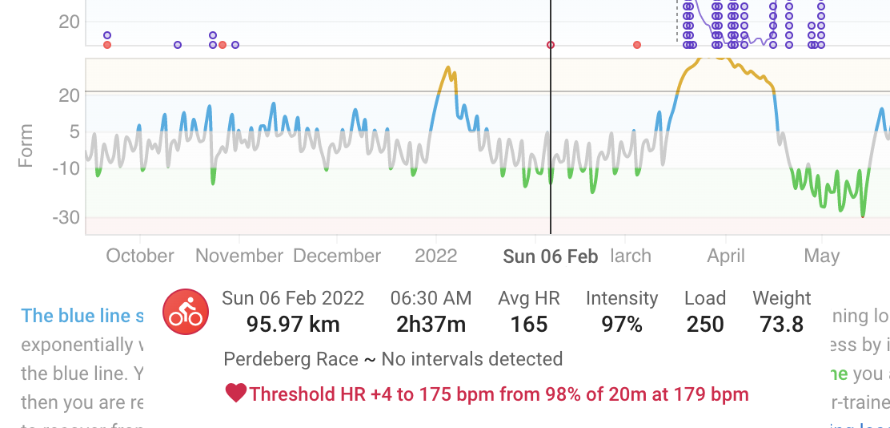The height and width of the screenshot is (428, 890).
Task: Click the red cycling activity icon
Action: (x=186, y=312)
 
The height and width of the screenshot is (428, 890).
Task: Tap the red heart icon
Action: (x=236, y=394)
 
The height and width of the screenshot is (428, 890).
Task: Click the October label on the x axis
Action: (x=140, y=256)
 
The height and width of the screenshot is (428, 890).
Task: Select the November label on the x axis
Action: (x=239, y=256)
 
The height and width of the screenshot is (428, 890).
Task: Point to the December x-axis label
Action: (x=337, y=256)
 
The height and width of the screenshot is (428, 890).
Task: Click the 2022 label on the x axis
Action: (x=436, y=256)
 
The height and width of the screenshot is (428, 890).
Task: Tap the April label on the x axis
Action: (x=726, y=256)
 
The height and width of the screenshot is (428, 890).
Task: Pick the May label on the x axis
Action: (x=821, y=256)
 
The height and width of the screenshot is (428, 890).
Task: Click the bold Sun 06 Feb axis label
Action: (x=551, y=256)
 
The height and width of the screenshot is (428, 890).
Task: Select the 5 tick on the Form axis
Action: (x=74, y=131)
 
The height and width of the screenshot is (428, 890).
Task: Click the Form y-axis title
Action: (x=26, y=145)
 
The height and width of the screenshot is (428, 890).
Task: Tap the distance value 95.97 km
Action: (x=281, y=324)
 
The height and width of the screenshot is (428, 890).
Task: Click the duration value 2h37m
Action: (x=431, y=324)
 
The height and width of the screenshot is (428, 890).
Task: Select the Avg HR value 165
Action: (x=529, y=324)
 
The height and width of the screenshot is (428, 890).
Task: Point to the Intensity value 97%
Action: (x=622, y=324)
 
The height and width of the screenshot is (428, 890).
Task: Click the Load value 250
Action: (x=705, y=324)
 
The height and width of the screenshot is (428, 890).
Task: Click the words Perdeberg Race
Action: (x=291, y=358)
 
